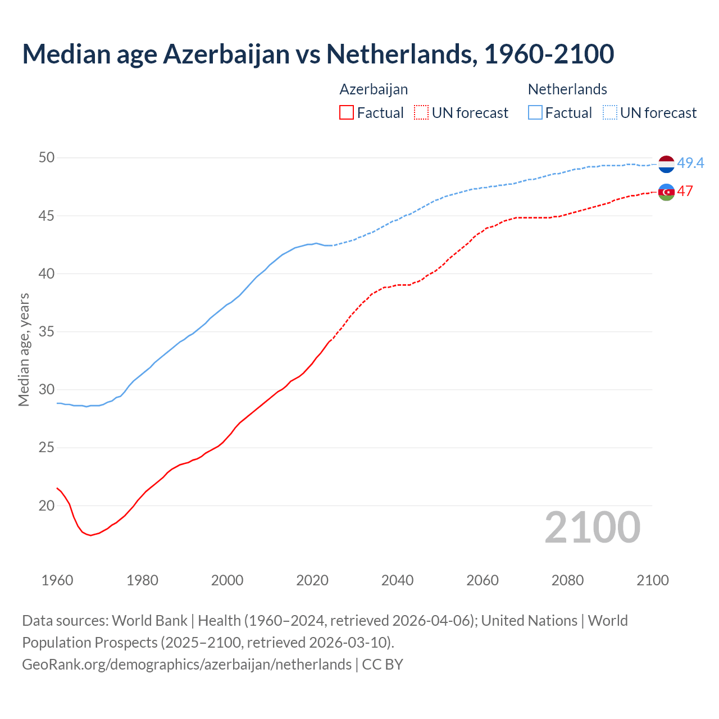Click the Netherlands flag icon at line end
pyautogui.click(x=666, y=164)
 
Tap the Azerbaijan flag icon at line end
pyautogui.click(x=666, y=192)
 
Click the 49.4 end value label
pyautogui.click(x=690, y=163)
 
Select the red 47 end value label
pyautogui.click(x=685, y=191)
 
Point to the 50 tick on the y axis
pyautogui.click(x=47, y=158)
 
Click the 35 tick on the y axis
pyautogui.click(x=47, y=332)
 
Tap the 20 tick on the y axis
pyautogui.click(x=47, y=506)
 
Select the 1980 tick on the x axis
pyautogui.click(x=142, y=580)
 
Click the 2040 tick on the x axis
pyautogui.click(x=397, y=580)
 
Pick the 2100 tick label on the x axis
pyautogui.click(x=652, y=580)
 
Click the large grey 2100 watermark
pyautogui.click(x=592, y=527)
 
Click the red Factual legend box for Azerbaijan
pyautogui.click(x=347, y=113)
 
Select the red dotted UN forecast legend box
pyautogui.click(x=421, y=113)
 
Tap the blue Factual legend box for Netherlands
pyautogui.click(x=535, y=113)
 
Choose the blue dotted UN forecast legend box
pyautogui.click(x=610, y=113)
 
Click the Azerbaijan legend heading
pyautogui.click(x=374, y=89)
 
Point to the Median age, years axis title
pyautogui.click(x=24, y=349)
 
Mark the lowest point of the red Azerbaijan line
pyautogui.click(x=90, y=535)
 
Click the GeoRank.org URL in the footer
pyautogui.click(x=186, y=665)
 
